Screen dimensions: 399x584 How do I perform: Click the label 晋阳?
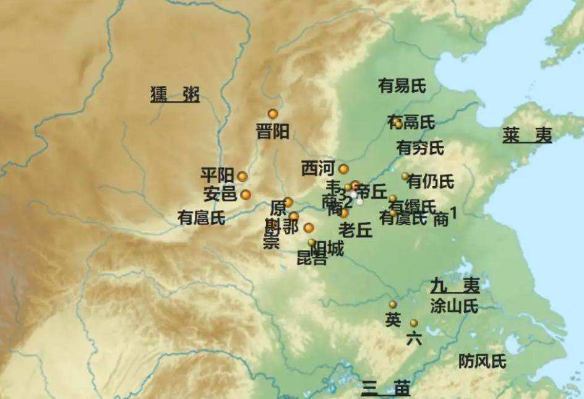(273, 132)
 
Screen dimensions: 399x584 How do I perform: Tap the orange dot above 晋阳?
(273, 114)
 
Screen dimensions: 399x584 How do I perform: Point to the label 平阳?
(217, 176)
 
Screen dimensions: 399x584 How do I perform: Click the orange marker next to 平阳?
(242, 176)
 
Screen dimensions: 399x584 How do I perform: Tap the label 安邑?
(220, 195)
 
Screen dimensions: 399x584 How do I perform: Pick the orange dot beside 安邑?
(246, 195)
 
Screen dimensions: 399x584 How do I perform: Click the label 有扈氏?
(201, 218)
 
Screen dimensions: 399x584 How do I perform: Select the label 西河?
(318, 168)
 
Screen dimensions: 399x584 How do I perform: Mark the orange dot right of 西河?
(343, 169)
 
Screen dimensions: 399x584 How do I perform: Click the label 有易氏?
(402, 86)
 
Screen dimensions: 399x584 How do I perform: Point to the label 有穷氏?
(420, 148)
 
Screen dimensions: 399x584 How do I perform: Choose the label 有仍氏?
(431, 182)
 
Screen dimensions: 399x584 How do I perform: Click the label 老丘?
(356, 231)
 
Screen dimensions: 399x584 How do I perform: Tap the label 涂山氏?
(455, 306)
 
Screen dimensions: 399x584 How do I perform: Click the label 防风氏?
(482, 361)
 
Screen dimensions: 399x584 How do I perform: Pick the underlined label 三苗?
(386, 388)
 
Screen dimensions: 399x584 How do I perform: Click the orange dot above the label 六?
(414, 323)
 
